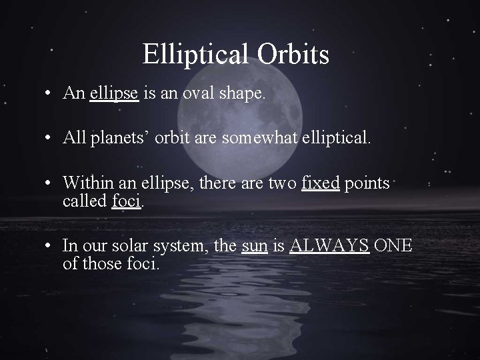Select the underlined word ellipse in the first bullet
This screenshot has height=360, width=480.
tap(114, 94)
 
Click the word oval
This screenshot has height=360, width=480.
tap(198, 94)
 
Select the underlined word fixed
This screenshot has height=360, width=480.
tap(321, 183)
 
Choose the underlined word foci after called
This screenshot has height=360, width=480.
tap(127, 201)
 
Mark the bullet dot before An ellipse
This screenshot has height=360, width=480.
tap(50, 94)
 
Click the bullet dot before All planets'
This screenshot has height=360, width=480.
tap(50, 139)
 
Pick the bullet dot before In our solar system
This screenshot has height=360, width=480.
tap(50, 245)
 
